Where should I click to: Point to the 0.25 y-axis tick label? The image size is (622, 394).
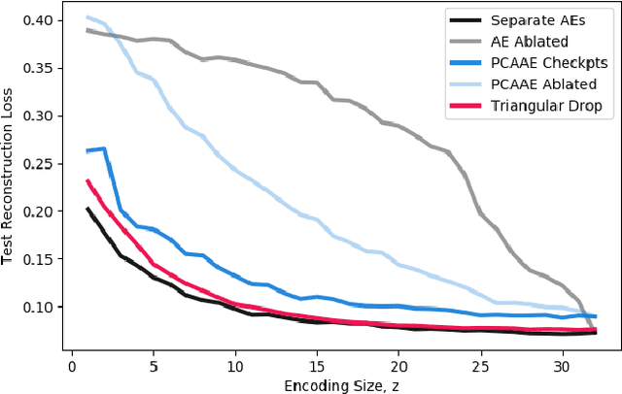point(43,164)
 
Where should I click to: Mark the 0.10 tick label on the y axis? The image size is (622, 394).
point(43,307)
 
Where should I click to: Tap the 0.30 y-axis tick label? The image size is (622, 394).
point(43,116)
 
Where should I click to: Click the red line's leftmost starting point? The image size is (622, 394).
point(87,181)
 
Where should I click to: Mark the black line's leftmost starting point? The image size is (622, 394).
point(87,209)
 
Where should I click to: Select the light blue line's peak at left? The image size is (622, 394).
point(87,16)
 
